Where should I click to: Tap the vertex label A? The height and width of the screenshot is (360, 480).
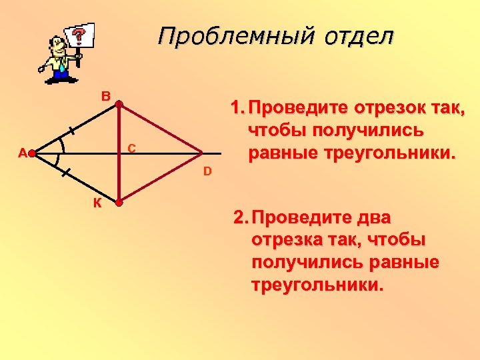(22, 153)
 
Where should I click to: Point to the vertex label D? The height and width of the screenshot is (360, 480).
(207, 172)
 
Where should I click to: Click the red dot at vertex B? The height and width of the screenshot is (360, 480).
(118, 104)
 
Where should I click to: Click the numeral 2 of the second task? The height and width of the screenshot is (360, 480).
(237, 218)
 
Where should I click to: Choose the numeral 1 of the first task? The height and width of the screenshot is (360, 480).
(234, 107)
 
